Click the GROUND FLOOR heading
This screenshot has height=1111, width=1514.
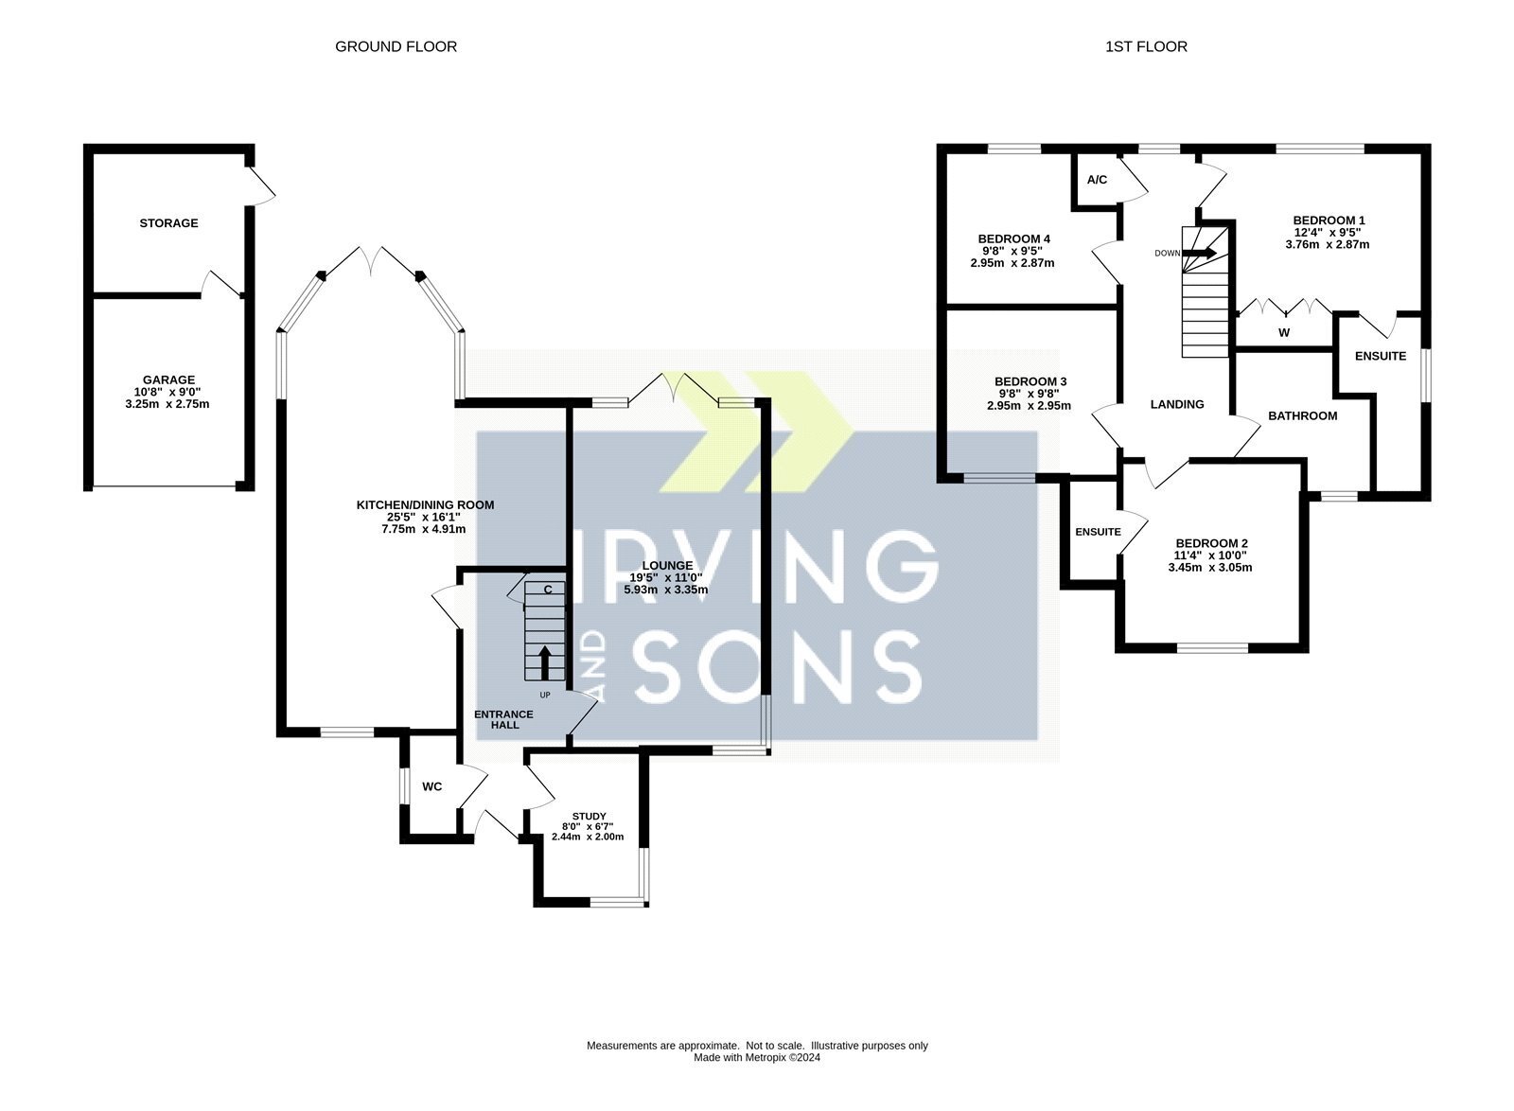tap(396, 46)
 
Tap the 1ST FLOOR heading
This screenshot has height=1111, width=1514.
tap(1146, 46)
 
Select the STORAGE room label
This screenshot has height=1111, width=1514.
tap(169, 223)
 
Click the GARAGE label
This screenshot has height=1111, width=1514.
tap(169, 379)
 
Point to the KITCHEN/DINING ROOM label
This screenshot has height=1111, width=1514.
tap(425, 504)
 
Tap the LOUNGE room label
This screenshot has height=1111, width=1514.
tap(667, 566)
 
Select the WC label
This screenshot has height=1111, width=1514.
tap(431, 786)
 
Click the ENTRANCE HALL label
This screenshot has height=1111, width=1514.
tap(504, 720)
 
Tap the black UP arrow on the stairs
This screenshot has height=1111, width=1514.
tap(544, 662)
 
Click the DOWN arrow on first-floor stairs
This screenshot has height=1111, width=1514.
tap(1200, 254)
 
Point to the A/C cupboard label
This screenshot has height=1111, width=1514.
tap(1097, 180)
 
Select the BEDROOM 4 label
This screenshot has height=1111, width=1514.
tap(1013, 239)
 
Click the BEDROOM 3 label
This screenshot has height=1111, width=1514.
tap(1030, 381)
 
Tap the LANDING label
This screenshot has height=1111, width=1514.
tap(1177, 404)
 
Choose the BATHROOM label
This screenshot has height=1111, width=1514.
tap(1302, 415)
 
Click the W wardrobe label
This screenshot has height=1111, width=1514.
tap(1284, 332)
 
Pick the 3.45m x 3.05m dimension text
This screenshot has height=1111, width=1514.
tap(1210, 568)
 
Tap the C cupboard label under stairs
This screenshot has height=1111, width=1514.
tap(548, 590)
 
